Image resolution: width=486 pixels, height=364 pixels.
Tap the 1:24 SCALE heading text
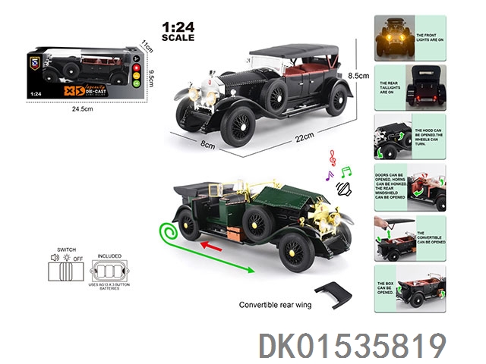click(178, 31)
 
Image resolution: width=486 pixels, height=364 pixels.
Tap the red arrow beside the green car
click(219, 244)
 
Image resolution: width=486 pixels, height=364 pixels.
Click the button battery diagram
click(109, 271)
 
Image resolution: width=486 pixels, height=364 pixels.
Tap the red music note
click(332, 156)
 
